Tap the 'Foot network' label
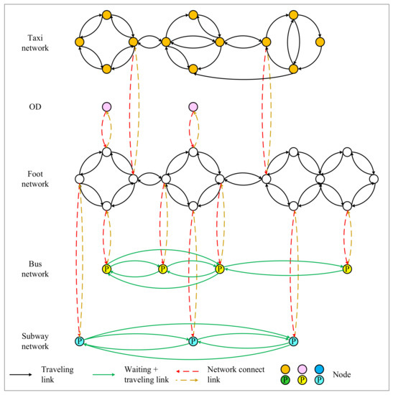coord(35,179)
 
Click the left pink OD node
coord(106,107)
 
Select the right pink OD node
coord(193,107)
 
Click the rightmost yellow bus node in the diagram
coord(348,269)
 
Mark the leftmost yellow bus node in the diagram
coord(106,269)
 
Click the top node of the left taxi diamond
coord(106,15)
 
